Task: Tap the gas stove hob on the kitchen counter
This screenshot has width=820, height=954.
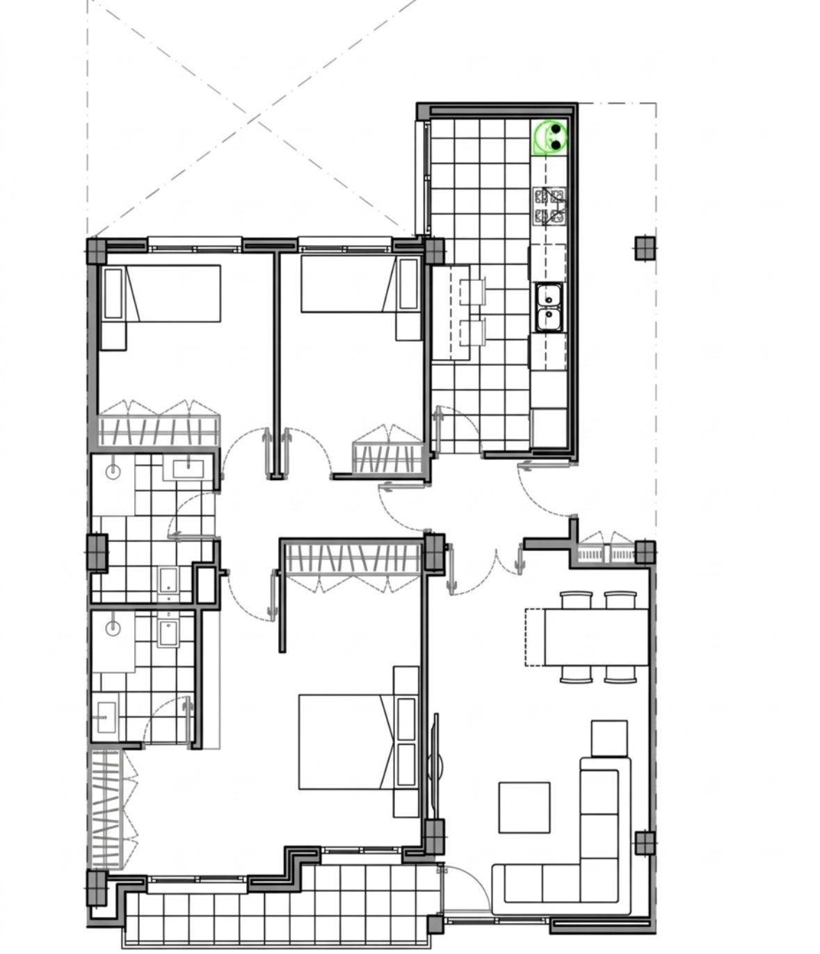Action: pyautogui.click(x=549, y=206)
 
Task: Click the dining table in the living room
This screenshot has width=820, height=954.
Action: pyautogui.click(x=596, y=636)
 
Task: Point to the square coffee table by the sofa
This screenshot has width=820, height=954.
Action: pyautogui.click(x=524, y=807)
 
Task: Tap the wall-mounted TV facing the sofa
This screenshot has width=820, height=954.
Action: pyautogui.click(x=435, y=764)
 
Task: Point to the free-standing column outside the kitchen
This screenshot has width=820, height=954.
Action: pyautogui.click(x=644, y=248)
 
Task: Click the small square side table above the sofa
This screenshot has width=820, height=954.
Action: pyautogui.click(x=609, y=738)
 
